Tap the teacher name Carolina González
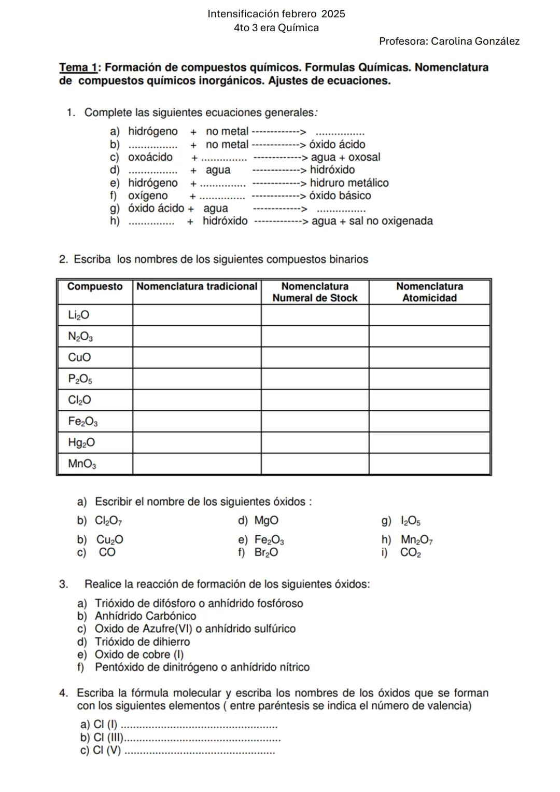point(475,41)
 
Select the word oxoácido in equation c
point(150,157)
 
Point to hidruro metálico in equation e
point(349,183)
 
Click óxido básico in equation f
point(340,196)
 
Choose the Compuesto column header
point(95,287)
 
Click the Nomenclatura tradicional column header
point(197,287)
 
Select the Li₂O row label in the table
point(79,315)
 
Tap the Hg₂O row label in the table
point(81,443)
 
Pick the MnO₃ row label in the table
point(82,464)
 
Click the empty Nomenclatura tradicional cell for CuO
point(197,358)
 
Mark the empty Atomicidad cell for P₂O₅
point(429,379)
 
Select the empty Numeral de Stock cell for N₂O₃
point(315,337)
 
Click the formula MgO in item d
point(266,521)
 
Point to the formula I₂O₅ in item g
point(410,521)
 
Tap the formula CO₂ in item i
point(410,553)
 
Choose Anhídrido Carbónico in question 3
point(145,616)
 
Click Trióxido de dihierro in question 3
point(142,642)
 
